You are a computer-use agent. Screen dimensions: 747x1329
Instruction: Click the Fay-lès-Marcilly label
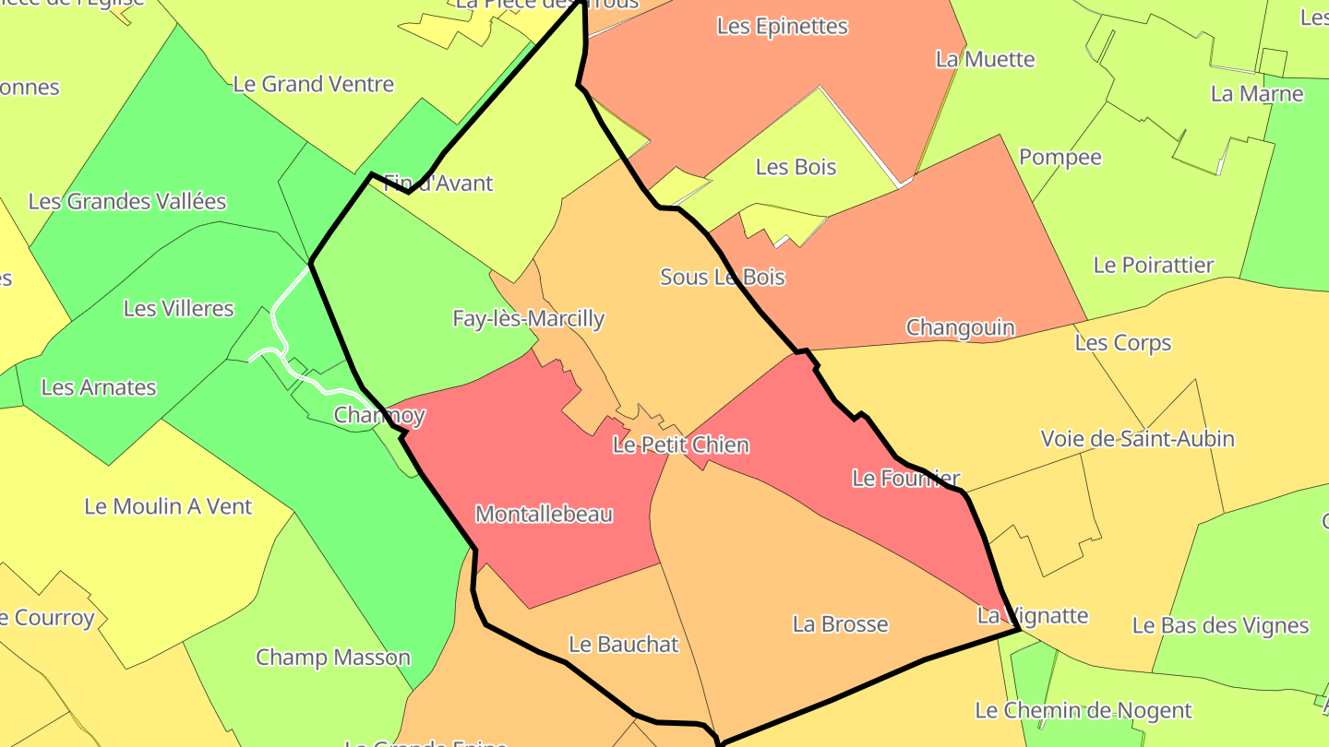[528, 319]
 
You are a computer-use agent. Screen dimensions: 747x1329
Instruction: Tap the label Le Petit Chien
[681, 445]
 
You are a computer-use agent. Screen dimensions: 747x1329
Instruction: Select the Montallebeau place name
[544, 515]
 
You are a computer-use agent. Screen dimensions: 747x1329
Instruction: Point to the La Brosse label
[840, 624]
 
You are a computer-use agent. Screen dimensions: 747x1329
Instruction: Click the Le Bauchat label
[623, 645]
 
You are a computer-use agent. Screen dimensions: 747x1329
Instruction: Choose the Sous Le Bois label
[722, 277]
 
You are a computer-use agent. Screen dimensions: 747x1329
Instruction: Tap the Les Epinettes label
[782, 27]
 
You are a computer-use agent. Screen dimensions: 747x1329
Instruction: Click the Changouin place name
[960, 327]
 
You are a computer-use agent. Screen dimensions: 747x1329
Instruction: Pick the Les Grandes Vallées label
[127, 201]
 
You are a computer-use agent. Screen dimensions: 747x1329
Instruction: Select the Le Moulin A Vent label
[168, 506]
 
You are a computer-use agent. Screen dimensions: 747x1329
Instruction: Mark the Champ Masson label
[332, 658]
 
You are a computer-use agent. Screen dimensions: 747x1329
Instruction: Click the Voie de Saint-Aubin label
[1137, 439]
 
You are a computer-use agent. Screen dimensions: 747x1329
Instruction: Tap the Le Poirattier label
[1153, 266]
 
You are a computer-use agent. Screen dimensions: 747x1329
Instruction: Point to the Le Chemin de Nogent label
[1084, 711]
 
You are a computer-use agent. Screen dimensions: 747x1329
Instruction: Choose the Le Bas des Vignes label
[1220, 626]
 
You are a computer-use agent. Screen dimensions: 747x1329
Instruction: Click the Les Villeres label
[179, 309]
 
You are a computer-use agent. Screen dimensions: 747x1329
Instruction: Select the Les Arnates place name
[99, 387]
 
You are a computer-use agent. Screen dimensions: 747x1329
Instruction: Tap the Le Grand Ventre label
[314, 85]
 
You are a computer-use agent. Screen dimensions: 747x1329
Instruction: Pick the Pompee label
[1060, 158]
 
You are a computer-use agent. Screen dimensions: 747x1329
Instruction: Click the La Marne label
[1257, 94]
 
